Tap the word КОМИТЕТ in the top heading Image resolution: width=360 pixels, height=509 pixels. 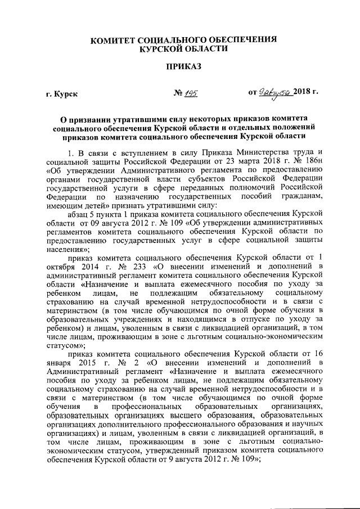pos(115,39)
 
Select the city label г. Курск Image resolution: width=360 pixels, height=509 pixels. pos(62,93)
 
